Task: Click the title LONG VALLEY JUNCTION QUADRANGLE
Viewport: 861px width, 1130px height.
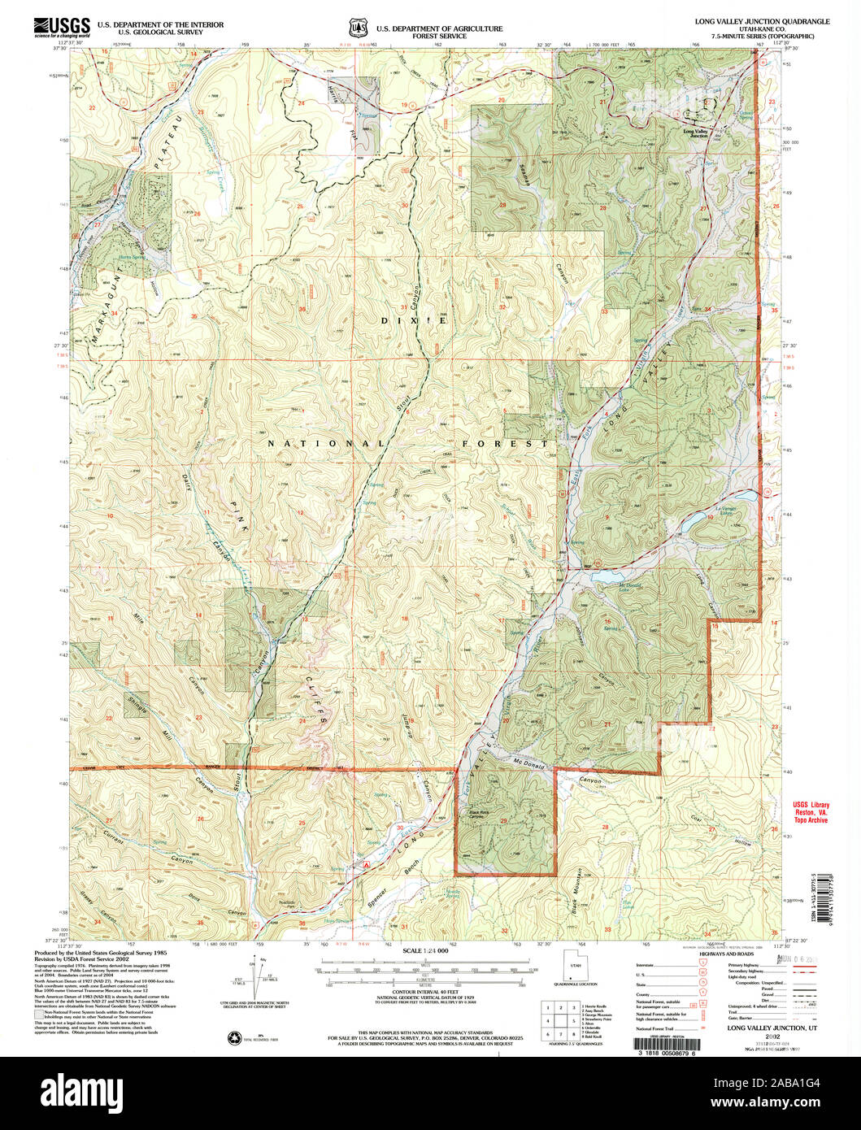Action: pos(762,22)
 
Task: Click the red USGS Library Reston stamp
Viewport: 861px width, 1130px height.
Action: pos(810,813)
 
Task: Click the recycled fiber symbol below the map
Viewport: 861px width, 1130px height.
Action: pos(236,1037)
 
